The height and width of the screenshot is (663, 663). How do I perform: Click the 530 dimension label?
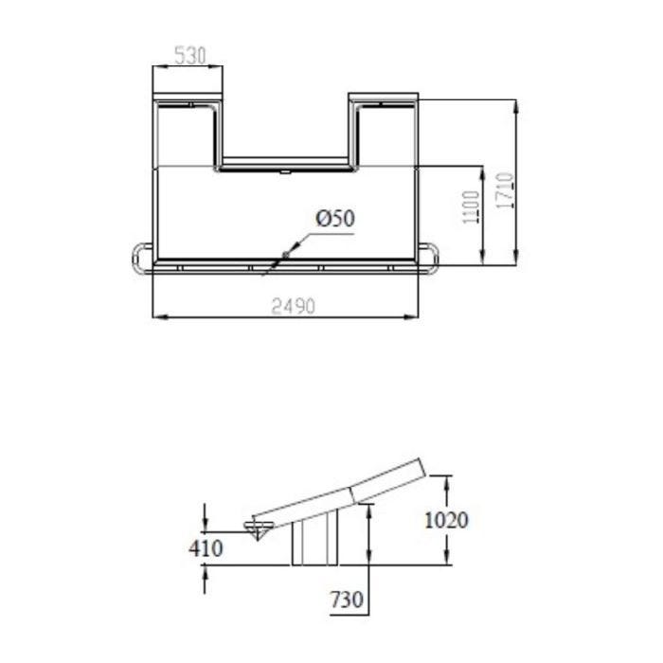pyautogui.click(x=189, y=55)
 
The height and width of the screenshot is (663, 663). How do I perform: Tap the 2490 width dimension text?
pyautogui.click(x=293, y=306)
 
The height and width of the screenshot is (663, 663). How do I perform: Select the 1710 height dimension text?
pyautogui.click(x=505, y=190)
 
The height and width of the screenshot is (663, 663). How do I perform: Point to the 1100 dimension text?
pyautogui.click(x=471, y=207)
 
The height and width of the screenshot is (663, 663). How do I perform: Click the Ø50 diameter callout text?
pyautogui.click(x=335, y=219)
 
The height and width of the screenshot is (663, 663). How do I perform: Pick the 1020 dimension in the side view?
pyautogui.click(x=446, y=520)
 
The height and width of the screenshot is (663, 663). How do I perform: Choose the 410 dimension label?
pyautogui.click(x=206, y=548)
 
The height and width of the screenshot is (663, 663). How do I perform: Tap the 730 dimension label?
pyautogui.click(x=347, y=600)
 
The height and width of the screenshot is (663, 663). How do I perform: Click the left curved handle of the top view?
pyautogui.click(x=137, y=258)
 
